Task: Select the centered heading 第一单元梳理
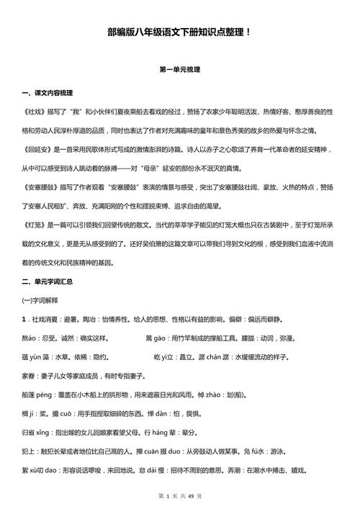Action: pos(179,70)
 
